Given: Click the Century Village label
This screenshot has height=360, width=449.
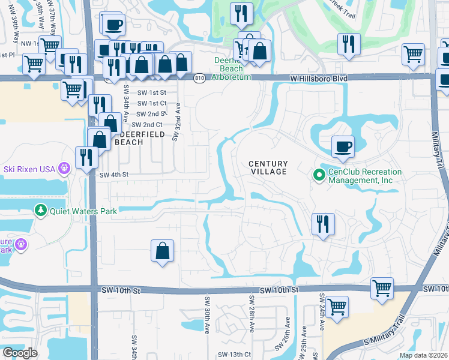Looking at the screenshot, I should [x=269, y=167].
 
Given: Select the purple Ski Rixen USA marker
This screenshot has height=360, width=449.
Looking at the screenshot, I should [x=64, y=169].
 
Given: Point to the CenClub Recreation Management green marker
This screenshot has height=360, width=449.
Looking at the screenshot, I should [x=319, y=175].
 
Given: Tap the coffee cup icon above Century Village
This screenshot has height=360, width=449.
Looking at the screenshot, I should [x=343, y=146].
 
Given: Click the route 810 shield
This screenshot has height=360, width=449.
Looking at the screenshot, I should [x=199, y=78].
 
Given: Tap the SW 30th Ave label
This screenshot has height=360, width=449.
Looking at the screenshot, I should [x=207, y=315].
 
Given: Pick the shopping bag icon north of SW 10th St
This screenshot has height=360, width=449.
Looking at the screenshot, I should [x=163, y=251].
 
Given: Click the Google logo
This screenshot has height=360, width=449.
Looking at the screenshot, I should [x=20, y=353].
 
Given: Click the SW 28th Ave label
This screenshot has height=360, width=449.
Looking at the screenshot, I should [x=252, y=312].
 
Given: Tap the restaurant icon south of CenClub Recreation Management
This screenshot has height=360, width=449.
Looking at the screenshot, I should [x=323, y=224].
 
